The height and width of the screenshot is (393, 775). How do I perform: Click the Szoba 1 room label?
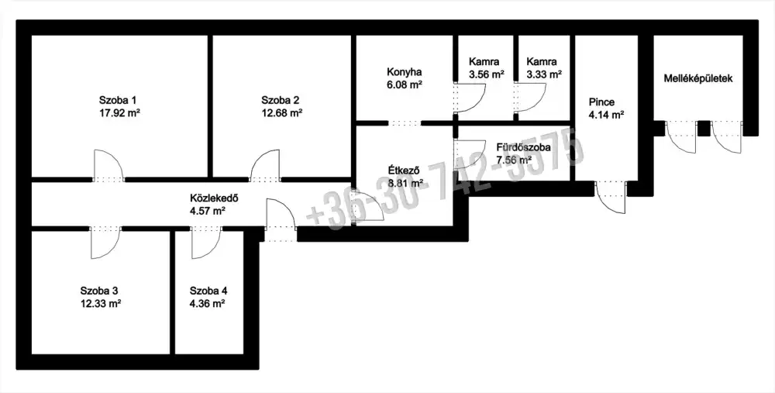pyautogui.click(x=118, y=100)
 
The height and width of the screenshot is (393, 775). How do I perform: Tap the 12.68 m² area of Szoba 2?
pyautogui.click(x=282, y=112)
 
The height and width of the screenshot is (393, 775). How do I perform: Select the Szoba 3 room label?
pyautogui.click(x=99, y=291)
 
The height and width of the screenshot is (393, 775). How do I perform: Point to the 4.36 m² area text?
pyautogui.click(x=208, y=304)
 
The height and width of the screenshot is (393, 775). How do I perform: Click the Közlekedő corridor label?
pyautogui.click(x=214, y=198)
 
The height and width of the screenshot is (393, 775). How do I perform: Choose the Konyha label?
pyautogui.click(x=404, y=72)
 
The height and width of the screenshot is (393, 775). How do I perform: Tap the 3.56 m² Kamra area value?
pyautogui.click(x=487, y=74)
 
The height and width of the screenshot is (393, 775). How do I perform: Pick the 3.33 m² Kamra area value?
pyautogui.click(x=544, y=74)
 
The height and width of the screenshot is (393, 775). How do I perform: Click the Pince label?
pyautogui.click(x=601, y=102)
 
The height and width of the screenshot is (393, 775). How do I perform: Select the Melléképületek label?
pyautogui.click(x=698, y=78)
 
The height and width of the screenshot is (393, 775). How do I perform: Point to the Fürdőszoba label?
pyautogui.click(x=523, y=147)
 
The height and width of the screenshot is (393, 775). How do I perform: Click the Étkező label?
pyautogui.click(x=404, y=171)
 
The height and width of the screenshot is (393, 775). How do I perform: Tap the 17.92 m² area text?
pyautogui.click(x=119, y=112)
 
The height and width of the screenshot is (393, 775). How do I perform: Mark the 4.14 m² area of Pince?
pyautogui.click(x=606, y=115)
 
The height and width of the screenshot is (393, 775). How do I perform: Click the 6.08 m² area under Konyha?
pyautogui.click(x=405, y=84)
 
